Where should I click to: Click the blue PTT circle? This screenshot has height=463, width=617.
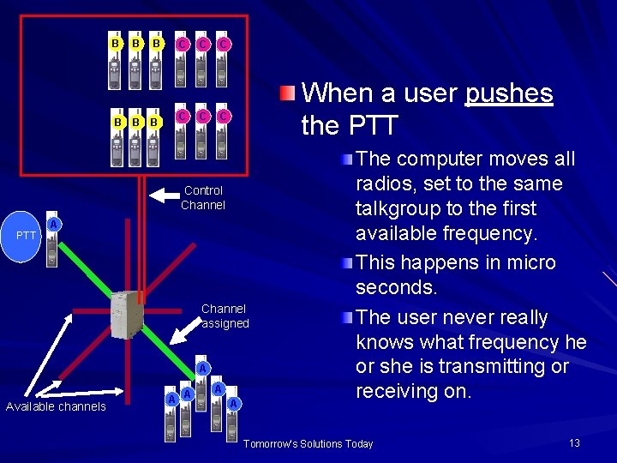tap(27, 235)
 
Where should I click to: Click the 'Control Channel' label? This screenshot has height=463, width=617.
tap(203, 197)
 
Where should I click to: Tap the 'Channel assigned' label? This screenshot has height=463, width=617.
tap(224, 316)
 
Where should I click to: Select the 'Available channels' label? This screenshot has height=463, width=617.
tap(56, 406)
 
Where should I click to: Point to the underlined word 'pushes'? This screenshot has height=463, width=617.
tap(509, 93)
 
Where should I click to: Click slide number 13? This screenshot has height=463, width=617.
tap(574, 442)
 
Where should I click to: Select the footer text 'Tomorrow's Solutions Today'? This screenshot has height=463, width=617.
tap(308, 443)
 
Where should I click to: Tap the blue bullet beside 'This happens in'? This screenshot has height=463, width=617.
tap(344, 263)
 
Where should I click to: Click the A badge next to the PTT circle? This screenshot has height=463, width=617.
tap(54, 225)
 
